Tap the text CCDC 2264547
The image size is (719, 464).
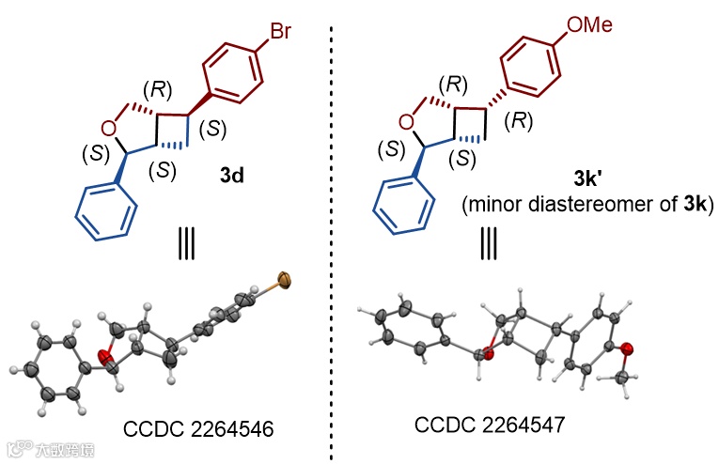(489, 425)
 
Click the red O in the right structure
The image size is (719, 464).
(406, 121)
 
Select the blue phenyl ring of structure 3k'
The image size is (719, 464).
(400, 207)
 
